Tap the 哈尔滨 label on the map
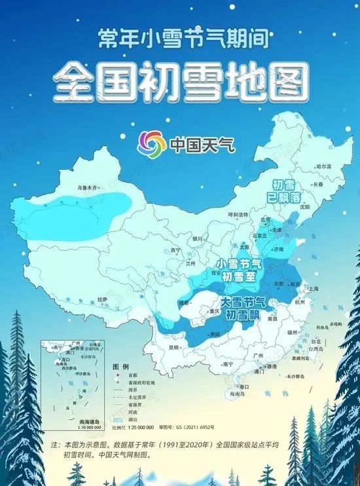(324, 167)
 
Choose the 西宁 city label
(175, 250)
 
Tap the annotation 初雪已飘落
(289, 190)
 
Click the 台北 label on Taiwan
(316, 341)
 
